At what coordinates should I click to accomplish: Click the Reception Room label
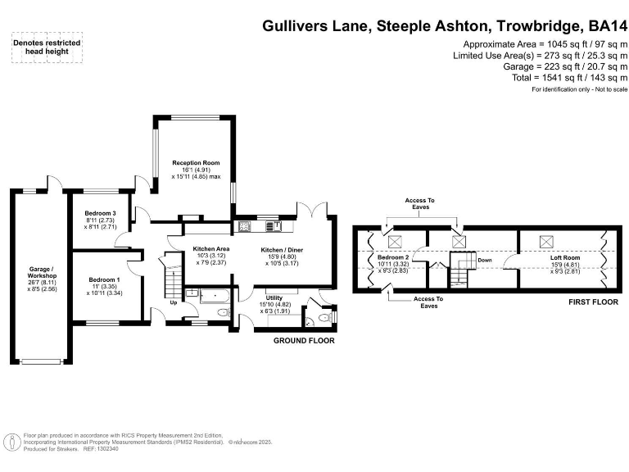(196, 163)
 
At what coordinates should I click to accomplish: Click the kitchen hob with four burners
(243, 225)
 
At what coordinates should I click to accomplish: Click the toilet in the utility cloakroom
(325, 317)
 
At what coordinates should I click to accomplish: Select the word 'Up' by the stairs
(173, 303)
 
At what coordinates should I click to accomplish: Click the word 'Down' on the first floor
(484, 261)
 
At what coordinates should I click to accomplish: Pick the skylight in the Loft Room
(545, 242)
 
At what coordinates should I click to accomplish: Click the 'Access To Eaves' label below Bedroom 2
(429, 302)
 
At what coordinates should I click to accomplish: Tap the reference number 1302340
(107, 448)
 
